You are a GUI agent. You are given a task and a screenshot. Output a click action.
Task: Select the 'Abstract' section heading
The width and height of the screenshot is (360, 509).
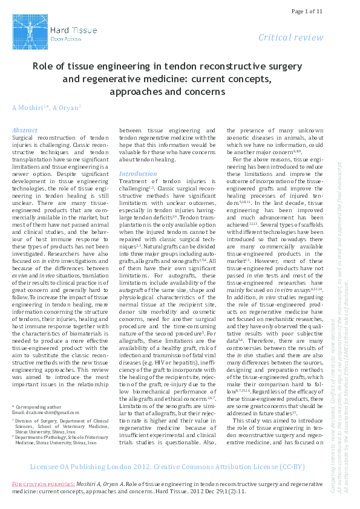(x=25, y=130)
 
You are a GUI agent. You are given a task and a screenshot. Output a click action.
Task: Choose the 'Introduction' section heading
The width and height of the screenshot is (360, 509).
(x=137, y=173)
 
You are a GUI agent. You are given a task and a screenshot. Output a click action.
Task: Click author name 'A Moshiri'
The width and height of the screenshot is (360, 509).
(x=27, y=108)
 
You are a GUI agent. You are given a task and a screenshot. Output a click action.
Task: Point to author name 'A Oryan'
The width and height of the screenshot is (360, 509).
(x=61, y=108)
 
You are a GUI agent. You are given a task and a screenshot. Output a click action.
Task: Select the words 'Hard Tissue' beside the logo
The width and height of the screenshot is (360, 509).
(x=68, y=28)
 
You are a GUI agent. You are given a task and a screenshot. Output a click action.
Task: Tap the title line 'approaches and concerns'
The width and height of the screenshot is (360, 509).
(x=167, y=91)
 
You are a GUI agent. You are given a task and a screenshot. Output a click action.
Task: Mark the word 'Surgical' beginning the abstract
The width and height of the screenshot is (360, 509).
(x=24, y=138)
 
